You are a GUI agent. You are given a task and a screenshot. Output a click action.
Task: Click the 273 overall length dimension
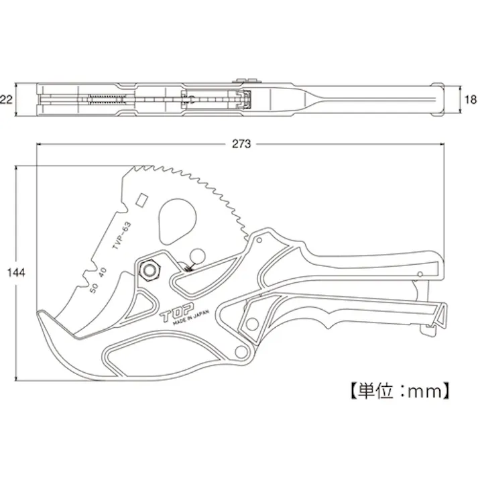click(x=240, y=143)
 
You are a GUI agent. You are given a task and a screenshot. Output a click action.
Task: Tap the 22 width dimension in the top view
click(x=7, y=101)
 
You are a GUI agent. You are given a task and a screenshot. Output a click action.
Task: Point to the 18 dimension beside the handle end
click(x=469, y=101)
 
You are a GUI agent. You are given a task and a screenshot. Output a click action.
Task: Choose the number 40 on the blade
click(x=103, y=272)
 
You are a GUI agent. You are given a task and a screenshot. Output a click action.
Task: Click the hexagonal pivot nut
click(x=148, y=270)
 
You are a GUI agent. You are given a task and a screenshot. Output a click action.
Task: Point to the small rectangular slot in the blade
click(x=141, y=200)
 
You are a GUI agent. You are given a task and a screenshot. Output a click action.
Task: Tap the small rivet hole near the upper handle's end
click(x=418, y=274)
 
